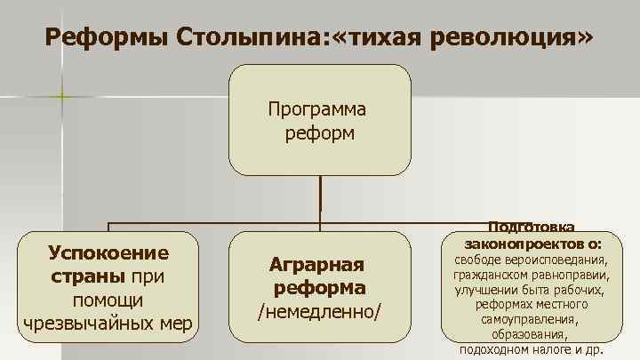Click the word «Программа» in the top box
[x=318, y=110]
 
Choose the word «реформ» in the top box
[x=318, y=133]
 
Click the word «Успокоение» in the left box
[x=108, y=252]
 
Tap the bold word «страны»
[x=85, y=276]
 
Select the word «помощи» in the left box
[x=108, y=300]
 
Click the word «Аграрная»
[x=318, y=265]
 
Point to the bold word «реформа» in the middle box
[x=318, y=288]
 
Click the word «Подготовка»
[x=531, y=228]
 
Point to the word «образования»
[x=530, y=334]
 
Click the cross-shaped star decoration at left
[x=60, y=93]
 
